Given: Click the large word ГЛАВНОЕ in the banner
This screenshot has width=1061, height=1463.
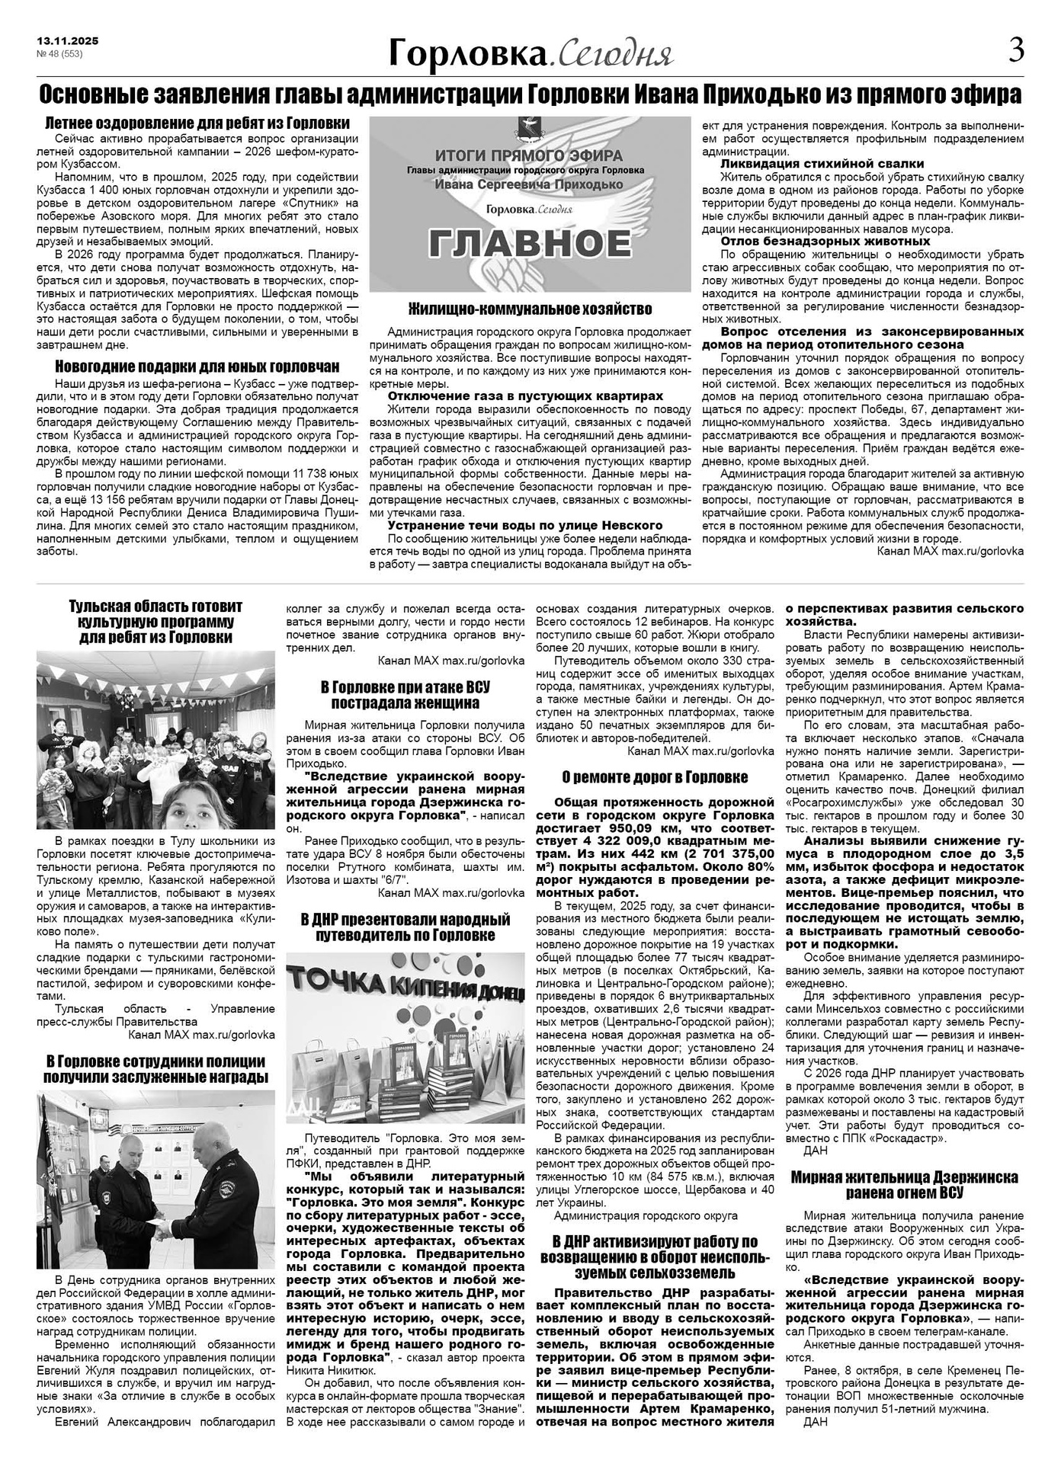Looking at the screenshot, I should pyautogui.click(x=530, y=243).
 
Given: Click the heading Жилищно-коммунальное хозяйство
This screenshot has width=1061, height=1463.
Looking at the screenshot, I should pyautogui.click(x=530, y=309).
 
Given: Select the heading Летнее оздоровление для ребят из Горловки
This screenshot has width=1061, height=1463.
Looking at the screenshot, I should pyautogui.click(x=197, y=123).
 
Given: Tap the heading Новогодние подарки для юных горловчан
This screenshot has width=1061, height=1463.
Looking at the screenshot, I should pyautogui.click(x=197, y=366).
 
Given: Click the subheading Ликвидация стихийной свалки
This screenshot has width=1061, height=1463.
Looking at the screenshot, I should pyautogui.click(x=822, y=163).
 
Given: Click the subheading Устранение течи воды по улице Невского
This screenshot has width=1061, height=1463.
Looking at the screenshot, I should pyautogui.click(x=525, y=525).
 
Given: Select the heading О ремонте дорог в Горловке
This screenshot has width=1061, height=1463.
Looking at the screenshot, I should pyautogui.click(x=655, y=776).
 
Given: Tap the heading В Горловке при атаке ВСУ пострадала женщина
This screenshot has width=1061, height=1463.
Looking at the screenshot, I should pyautogui.click(x=405, y=694).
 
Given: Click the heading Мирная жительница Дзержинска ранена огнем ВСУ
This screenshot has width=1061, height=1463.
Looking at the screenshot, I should pyautogui.click(x=904, y=1184).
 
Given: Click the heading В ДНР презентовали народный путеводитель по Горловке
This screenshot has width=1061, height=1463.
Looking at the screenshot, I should pyautogui.click(x=405, y=927).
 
